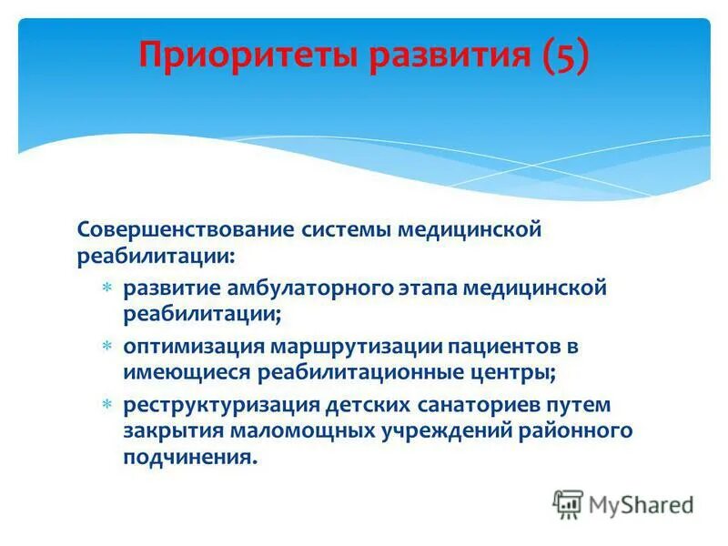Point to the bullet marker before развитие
click(x=106, y=288)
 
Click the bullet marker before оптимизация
click(x=106, y=347)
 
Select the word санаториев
click(x=470, y=404)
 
